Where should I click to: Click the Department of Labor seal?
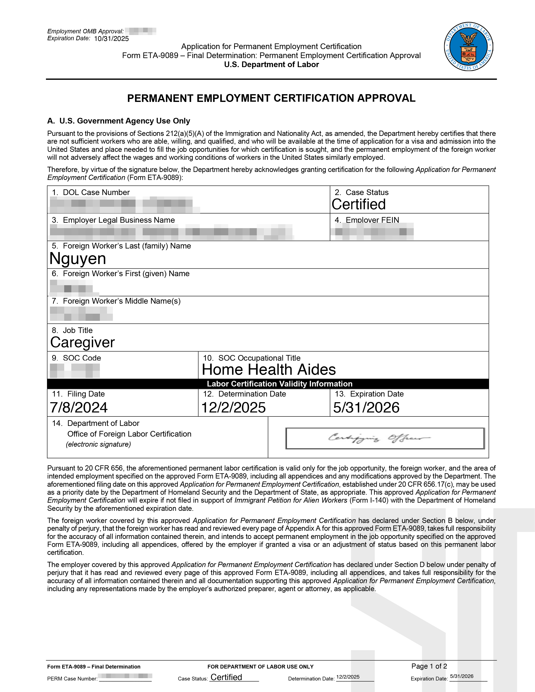click(x=468, y=47)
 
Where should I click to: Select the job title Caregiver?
click(x=82, y=342)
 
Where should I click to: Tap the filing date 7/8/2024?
click(x=79, y=407)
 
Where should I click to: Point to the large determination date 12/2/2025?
click(x=233, y=407)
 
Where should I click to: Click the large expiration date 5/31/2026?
click(x=366, y=407)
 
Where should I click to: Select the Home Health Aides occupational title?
click(x=269, y=369)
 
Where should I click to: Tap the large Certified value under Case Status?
click(x=359, y=204)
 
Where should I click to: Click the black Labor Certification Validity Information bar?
click(x=268, y=384)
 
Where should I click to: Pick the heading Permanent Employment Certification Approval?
click(x=271, y=98)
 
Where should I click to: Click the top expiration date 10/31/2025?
click(x=112, y=39)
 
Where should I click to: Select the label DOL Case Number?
click(x=96, y=192)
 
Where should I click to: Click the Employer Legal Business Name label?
click(x=119, y=220)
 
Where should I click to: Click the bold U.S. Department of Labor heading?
click(x=271, y=64)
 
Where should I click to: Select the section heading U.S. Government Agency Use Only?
click(x=125, y=121)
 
